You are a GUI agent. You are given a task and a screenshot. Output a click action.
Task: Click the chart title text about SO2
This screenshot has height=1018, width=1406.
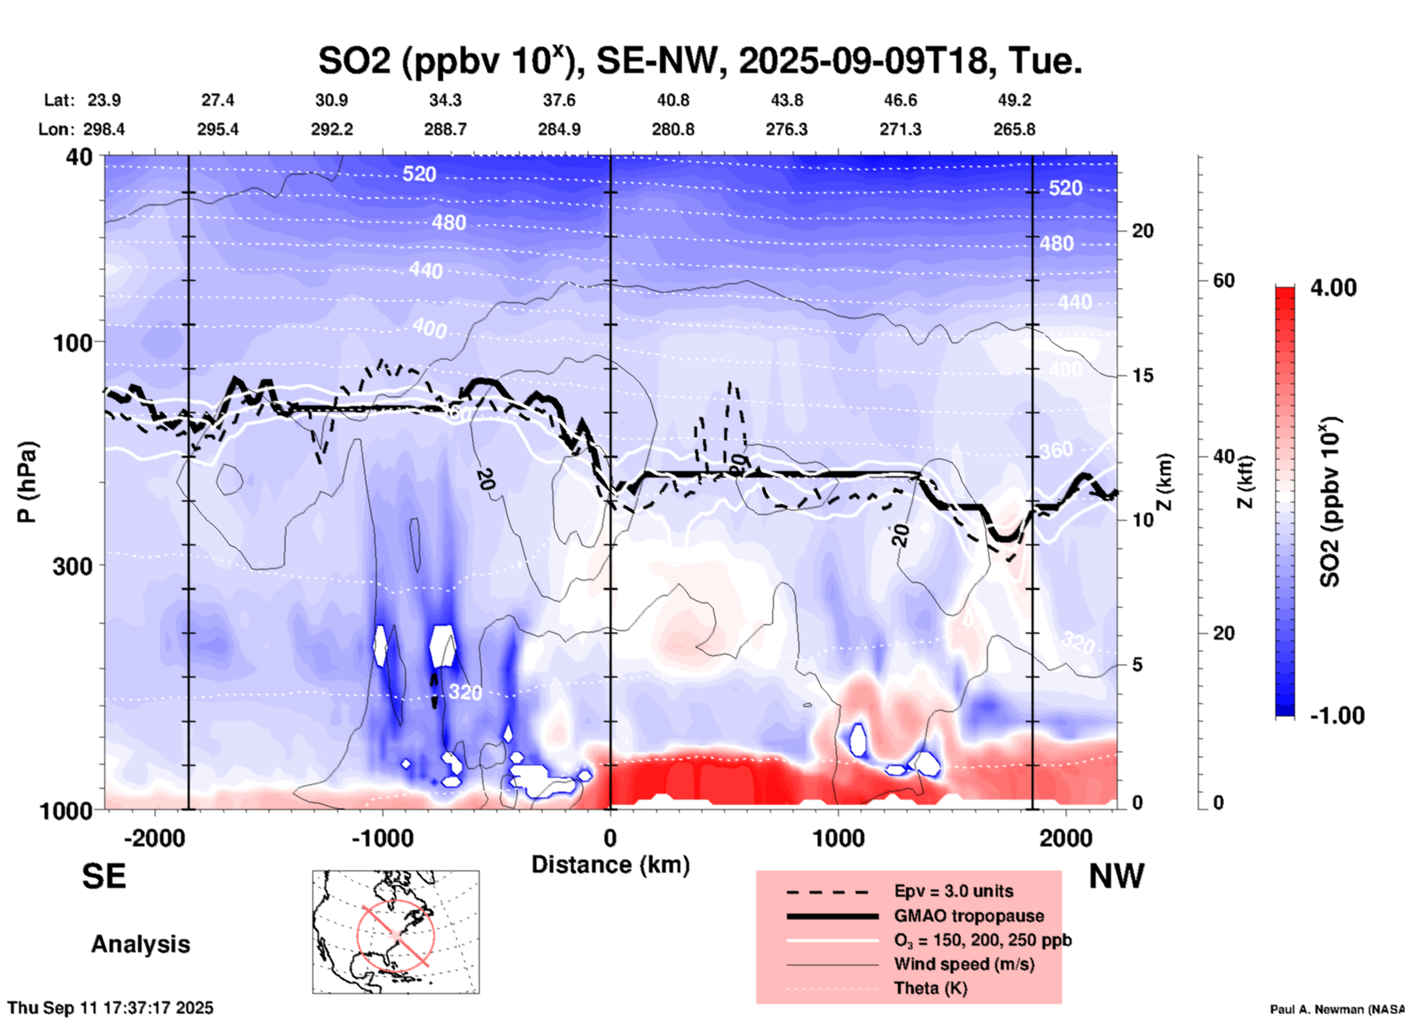699,60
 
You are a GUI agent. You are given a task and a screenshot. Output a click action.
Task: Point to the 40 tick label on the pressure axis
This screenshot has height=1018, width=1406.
80,156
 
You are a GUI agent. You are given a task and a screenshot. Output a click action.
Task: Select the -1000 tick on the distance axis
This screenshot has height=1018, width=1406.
382,838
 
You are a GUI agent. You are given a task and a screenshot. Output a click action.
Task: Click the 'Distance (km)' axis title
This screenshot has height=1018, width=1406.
610,865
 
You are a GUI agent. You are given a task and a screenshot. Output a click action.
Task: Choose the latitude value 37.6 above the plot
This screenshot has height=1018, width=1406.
559,100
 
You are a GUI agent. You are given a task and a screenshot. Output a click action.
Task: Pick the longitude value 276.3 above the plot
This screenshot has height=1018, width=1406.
786,129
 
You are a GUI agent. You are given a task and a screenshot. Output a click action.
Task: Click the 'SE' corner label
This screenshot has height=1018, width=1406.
104,876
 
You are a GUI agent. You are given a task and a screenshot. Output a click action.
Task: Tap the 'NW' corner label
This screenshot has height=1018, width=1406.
1116,876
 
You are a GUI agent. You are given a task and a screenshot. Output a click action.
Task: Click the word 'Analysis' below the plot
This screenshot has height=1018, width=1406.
140,944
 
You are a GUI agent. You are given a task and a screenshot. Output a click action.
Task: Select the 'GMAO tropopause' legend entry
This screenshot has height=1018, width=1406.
969,916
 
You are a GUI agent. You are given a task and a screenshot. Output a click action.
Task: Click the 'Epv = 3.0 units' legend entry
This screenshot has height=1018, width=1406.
953,891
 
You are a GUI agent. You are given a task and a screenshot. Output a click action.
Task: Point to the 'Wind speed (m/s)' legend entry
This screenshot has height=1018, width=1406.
964,964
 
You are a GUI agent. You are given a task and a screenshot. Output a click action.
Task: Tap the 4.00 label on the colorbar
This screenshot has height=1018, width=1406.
1333,288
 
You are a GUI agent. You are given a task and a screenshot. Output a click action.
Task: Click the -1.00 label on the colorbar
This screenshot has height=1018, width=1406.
1337,715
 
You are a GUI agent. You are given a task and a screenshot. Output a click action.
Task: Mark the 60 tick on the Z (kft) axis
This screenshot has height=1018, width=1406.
1223,280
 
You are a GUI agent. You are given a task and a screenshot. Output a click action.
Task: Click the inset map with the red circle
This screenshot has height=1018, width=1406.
396,932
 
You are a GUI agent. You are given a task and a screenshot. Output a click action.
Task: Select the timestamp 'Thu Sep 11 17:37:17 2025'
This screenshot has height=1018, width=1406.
111,1008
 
